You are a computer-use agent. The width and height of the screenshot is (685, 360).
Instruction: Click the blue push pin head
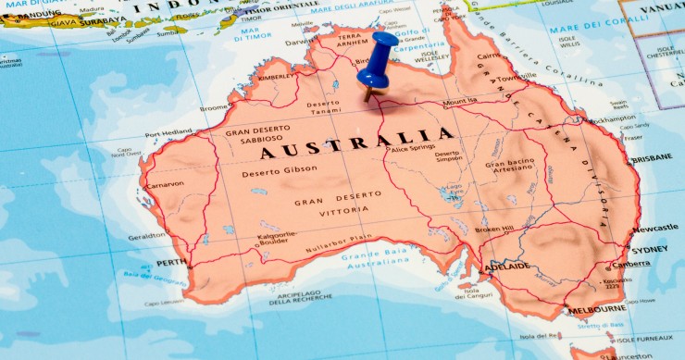click(378, 52)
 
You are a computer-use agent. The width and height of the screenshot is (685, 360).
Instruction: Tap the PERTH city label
click(171, 263)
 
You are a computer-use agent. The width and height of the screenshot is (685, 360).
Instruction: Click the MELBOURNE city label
click(597, 308)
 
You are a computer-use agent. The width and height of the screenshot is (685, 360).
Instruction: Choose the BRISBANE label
click(653, 158)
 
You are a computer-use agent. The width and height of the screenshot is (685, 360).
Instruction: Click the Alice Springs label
click(413, 148)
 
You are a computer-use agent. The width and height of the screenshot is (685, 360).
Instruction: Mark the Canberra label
click(630, 264)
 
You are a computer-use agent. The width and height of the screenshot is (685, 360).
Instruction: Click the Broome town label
click(214, 107)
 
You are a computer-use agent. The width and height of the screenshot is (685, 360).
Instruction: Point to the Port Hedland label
click(168, 133)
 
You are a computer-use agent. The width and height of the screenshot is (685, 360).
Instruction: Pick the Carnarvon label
click(166, 184)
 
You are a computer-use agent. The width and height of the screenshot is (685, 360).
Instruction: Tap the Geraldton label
click(146, 235)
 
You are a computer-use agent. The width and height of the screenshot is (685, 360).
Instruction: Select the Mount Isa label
click(460, 102)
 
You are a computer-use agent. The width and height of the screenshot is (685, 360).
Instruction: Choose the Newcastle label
click(655, 228)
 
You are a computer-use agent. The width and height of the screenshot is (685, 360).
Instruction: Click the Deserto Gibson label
click(279, 172)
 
